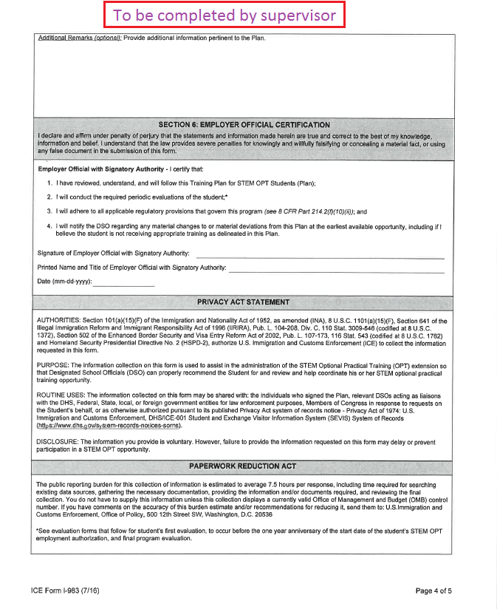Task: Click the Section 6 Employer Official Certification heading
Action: [244, 124]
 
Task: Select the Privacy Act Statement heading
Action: [243, 302]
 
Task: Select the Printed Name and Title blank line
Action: [336, 268]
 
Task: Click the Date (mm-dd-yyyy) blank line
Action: [123, 283]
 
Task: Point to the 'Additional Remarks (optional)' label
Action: [79, 38]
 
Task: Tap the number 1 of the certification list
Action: [49, 183]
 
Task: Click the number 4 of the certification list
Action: [49, 225]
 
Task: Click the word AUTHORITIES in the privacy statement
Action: [59, 320]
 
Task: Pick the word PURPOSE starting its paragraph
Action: [53, 366]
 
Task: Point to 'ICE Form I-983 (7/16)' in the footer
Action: [69, 591]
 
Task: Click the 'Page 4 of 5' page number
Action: [433, 591]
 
